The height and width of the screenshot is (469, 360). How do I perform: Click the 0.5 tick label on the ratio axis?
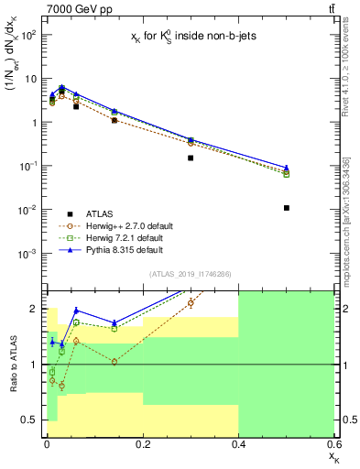pos(30,420)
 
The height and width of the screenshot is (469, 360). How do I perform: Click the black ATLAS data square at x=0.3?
pos(191,158)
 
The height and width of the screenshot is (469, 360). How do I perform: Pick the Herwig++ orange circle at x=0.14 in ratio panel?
pos(114,362)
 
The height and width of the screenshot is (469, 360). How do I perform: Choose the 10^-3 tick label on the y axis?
pos(27,254)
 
